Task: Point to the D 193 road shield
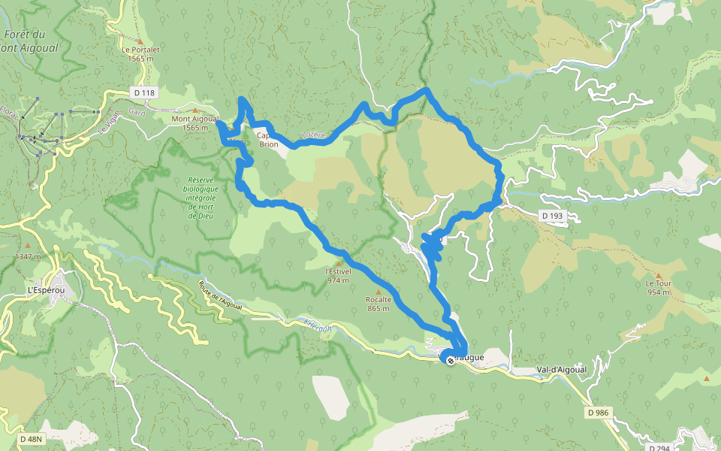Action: pos(552,216)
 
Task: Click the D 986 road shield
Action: pos(599,413)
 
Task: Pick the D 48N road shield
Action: pos(32,438)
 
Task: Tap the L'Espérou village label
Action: pos(44,290)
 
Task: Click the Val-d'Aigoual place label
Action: pos(560,370)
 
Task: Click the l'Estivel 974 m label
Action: pos(338,276)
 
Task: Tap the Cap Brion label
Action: pos(268,140)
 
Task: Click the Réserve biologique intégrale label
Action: pos(201,198)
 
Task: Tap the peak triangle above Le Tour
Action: pos(659,275)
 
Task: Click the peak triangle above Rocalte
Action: pos(378,292)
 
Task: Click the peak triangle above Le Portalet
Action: pos(140,41)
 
